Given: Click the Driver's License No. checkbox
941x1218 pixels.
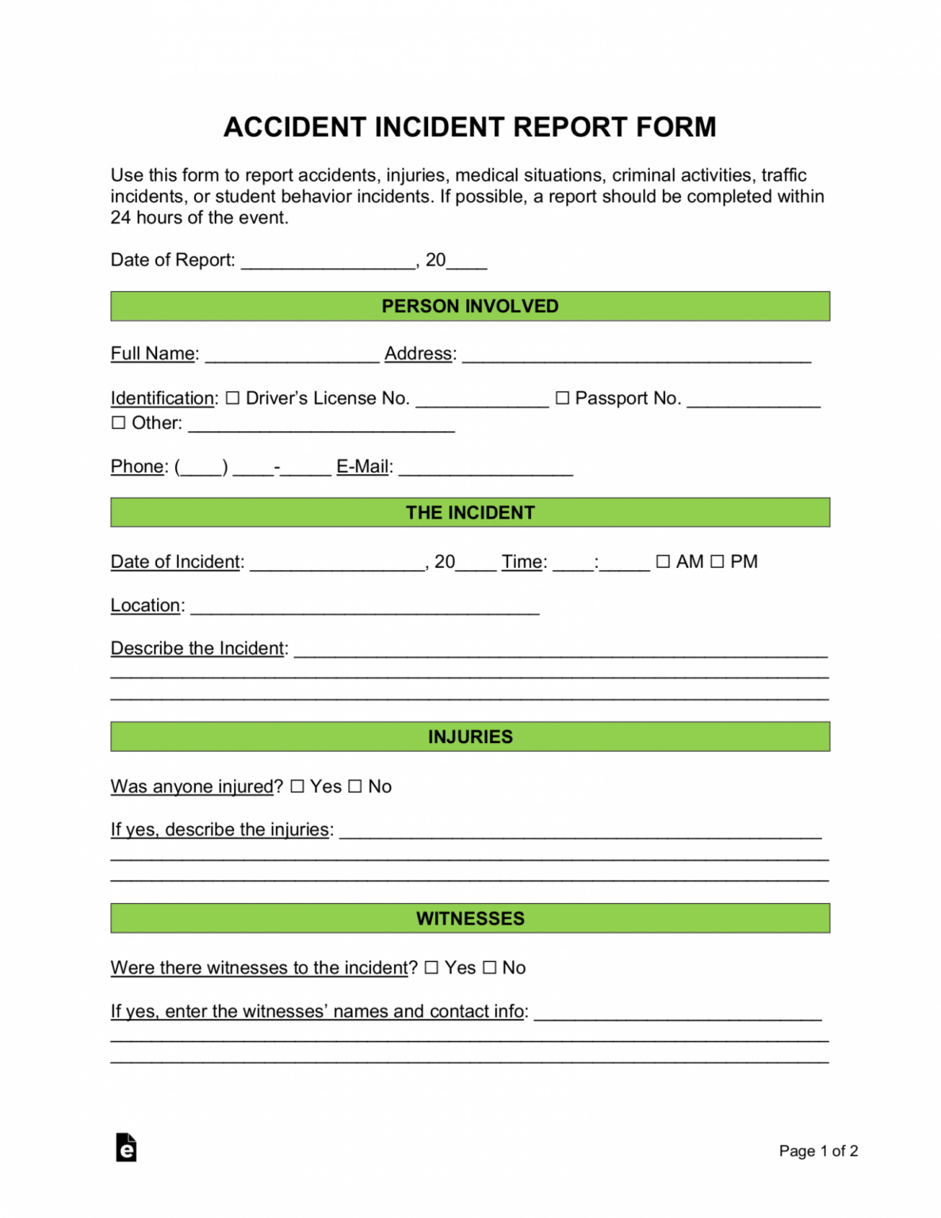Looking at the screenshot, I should (x=232, y=398).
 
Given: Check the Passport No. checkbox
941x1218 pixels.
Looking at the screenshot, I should (x=562, y=398).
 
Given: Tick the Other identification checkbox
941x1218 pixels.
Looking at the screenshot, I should (x=118, y=423).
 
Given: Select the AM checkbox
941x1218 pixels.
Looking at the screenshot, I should (x=663, y=561).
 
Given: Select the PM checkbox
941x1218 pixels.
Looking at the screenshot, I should (x=717, y=561).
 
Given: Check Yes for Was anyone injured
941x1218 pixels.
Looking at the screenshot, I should (x=297, y=787).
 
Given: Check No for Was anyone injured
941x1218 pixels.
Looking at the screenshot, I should (x=355, y=787).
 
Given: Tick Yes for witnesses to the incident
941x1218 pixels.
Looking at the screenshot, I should (x=431, y=967).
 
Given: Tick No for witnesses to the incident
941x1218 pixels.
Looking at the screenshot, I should (x=489, y=967).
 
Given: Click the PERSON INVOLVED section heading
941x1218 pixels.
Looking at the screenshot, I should (x=470, y=306).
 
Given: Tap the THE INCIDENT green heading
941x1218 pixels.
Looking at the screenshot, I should (x=470, y=512).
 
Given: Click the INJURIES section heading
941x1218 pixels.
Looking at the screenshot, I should (x=470, y=737).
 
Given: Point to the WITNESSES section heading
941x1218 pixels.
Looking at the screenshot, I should (x=470, y=918).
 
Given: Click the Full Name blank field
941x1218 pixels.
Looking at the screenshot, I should (x=292, y=355).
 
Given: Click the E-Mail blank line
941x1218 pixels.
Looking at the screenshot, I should (x=485, y=468).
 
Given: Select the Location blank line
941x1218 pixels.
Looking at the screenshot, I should (x=365, y=607).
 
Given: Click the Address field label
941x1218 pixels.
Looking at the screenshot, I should (x=419, y=354).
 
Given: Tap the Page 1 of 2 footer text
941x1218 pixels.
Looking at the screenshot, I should (x=818, y=1151).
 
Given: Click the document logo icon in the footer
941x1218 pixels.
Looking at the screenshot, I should (x=126, y=1147).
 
